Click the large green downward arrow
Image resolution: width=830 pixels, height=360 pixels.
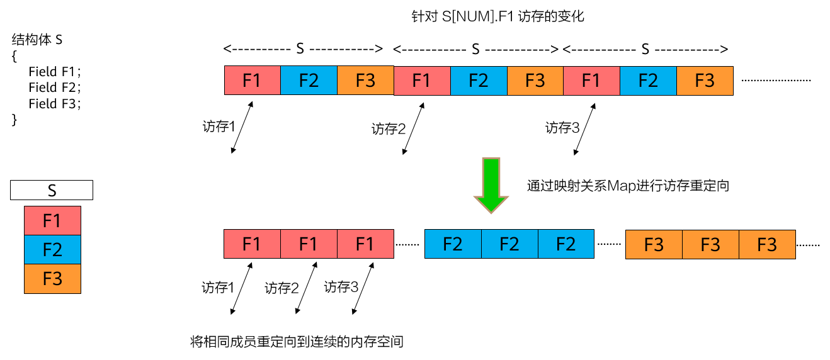pyautogui.click(x=491, y=185)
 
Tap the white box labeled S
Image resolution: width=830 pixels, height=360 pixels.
pyautogui.click(x=52, y=191)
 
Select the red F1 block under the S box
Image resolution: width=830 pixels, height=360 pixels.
pyautogui.click(x=52, y=220)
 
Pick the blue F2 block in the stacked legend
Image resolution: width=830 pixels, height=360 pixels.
pyautogui.click(x=52, y=249)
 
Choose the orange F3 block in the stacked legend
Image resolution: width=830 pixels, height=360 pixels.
pyautogui.click(x=52, y=278)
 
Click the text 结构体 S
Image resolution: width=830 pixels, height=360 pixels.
pyautogui.click(x=37, y=40)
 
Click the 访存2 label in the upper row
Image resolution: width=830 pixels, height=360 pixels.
pyautogui.click(x=389, y=130)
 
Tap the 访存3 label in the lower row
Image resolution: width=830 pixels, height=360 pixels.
pyautogui.click(x=341, y=288)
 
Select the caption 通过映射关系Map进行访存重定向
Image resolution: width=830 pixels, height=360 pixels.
pyautogui.click(x=628, y=186)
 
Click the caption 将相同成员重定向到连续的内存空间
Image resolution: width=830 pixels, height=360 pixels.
pyautogui.click(x=297, y=342)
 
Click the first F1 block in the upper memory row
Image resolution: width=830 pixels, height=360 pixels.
pyautogui.click(x=252, y=81)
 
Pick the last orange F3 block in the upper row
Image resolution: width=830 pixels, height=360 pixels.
pyautogui.click(x=705, y=81)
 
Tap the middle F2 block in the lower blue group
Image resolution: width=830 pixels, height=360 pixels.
pyautogui.click(x=509, y=244)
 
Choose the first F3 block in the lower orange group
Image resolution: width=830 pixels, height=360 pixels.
pyautogui.click(x=654, y=244)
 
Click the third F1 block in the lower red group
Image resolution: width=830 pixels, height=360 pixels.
pyautogui.click(x=365, y=244)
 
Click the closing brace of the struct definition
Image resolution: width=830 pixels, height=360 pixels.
pyautogui.click(x=14, y=120)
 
